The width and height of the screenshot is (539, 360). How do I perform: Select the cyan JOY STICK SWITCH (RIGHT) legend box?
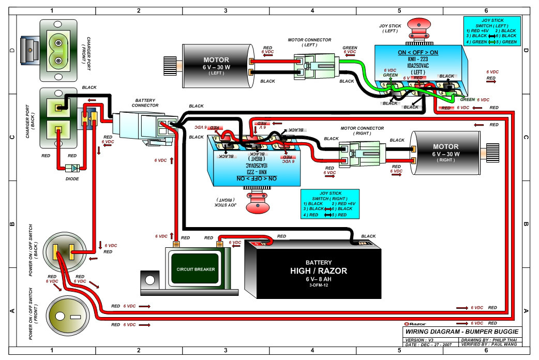coord(330,204)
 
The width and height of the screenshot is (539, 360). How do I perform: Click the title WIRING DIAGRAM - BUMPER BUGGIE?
coord(461,332)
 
